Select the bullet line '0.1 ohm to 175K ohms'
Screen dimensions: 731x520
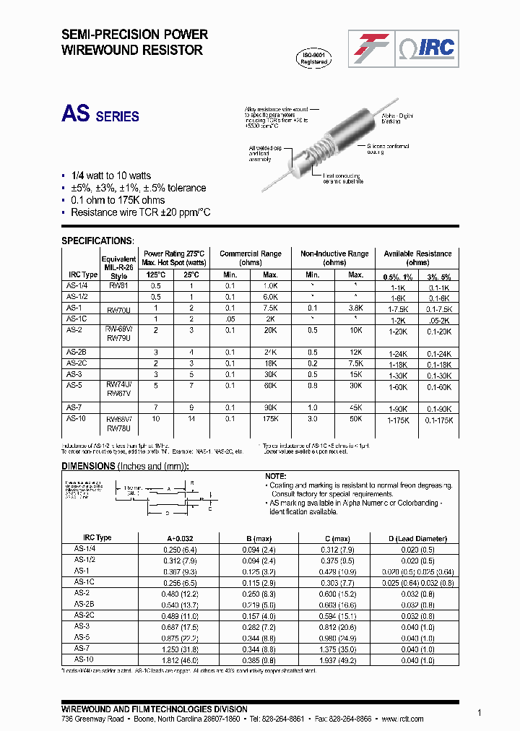pyautogui.click(x=117, y=200)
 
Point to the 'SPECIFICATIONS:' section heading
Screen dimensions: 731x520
pyautogui.click(x=97, y=241)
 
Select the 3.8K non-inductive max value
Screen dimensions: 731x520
pyautogui.click(x=355, y=308)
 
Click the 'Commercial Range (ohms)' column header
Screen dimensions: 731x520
pyautogui.click(x=251, y=258)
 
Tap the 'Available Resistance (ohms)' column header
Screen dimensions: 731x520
pyautogui.click(x=417, y=258)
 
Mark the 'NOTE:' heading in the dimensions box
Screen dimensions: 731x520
pyautogui.click(x=277, y=476)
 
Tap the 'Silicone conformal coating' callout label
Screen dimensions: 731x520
pyautogui.click(x=389, y=150)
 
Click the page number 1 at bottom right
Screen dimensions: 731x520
pyautogui.click(x=480, y=711)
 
